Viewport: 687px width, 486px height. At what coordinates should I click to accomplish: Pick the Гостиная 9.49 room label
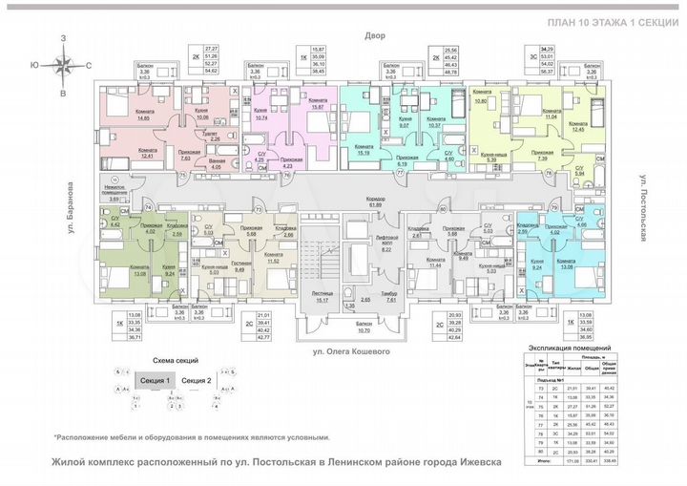pos(239,266)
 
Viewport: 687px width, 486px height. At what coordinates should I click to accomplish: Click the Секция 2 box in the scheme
pos(196,381)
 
